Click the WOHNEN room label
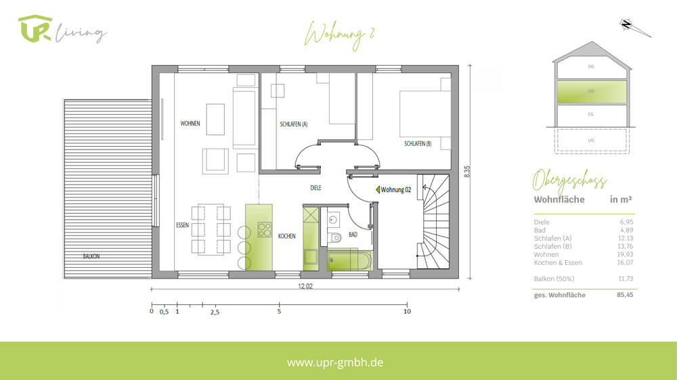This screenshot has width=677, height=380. point(190,124)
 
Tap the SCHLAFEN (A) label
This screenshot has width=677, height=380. point(294,124)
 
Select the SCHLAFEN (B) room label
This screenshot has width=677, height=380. point(418,143)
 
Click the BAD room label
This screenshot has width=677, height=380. point(353,235)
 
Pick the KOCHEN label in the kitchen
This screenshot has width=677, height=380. point(287,236)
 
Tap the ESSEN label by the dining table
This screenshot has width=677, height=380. point(182,224)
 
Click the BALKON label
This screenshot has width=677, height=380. point(92,256)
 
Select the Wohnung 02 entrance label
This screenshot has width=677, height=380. point(396,190)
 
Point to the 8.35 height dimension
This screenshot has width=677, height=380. point(467,172)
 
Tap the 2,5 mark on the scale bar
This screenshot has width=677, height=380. point(215,312)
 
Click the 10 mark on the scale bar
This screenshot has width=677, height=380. point(406,312)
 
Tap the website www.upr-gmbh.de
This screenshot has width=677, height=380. point(335,362)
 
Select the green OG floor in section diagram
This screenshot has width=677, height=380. point(591,91)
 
